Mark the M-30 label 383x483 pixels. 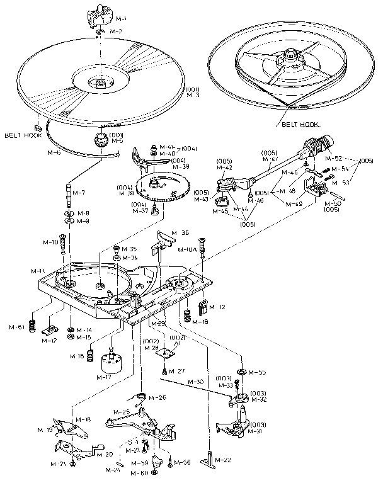197,382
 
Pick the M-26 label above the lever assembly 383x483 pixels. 158,398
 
